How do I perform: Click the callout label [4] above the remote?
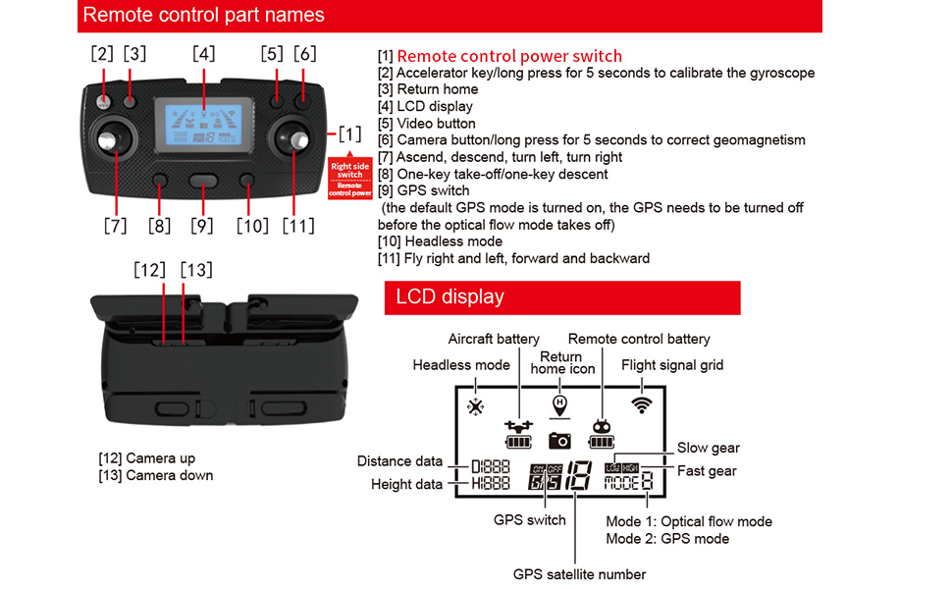[x=203, y=53]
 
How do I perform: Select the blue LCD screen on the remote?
[x=204, y=122]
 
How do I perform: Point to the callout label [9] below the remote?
[x=201, y=226]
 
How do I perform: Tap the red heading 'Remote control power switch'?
[x=509, y=56]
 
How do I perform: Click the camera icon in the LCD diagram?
[x=559, y=440]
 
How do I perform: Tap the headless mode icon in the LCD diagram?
[x=476, y=406]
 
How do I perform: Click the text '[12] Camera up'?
[x=146, y=458]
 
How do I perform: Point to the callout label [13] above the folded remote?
[x=196, y=269]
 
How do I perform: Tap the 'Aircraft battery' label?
[x=494, y=339]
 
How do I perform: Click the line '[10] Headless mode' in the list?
[x=440, y=241]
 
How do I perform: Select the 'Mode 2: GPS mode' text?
[x=666, y=538]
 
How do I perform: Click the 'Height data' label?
[x=406, y=484]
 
